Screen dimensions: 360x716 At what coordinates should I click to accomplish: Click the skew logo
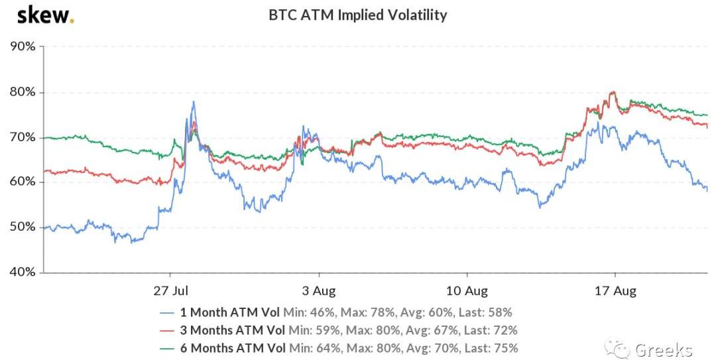(45, 15)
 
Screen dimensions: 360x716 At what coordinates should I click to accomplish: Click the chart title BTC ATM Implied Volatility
(357, 15)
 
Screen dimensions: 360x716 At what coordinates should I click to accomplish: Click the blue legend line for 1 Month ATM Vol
(170, 312)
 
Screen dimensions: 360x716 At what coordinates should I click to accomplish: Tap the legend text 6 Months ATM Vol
(232, 348)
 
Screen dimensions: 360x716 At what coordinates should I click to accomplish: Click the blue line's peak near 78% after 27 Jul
(193, 102)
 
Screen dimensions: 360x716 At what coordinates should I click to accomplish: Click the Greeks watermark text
(663, 349)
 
